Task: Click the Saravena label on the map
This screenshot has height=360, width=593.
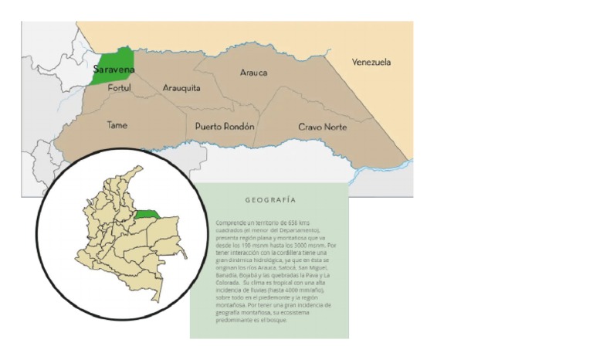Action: pyautogui.click(x=114, y=70)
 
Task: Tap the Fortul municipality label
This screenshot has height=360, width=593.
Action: pyautogui.click(x=120, y=89)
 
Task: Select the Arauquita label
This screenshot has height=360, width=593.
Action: pyautogui.click(x=181, y=88)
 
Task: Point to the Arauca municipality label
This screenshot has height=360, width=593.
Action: pyautogui.click(x=253, y=73)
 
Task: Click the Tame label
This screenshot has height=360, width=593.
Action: pyautogui.click(x=117, y=125)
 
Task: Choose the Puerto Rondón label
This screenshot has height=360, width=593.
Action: pyautogui.click(x=225, y=126)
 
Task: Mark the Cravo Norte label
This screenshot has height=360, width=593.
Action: pyautogui.click(x=323, y=127)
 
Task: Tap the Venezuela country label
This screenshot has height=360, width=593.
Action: pyautogui.click(x=371, y=62)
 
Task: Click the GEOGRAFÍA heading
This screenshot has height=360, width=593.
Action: pyautogui.click(x=270, y=200)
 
